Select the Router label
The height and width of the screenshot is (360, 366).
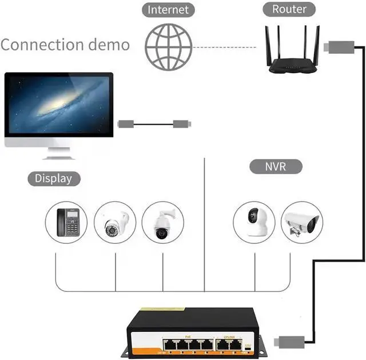289,9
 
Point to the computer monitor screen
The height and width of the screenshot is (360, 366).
58,105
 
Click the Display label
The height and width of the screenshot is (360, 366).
54,179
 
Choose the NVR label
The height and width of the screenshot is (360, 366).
276,167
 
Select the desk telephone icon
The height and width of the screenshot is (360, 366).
67,222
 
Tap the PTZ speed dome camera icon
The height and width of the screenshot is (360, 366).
163,222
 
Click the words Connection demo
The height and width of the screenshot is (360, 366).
65,45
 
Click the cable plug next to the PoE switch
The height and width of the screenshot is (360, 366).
284,342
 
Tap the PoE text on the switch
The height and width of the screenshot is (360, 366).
187,336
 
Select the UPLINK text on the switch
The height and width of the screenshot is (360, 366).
228,336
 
